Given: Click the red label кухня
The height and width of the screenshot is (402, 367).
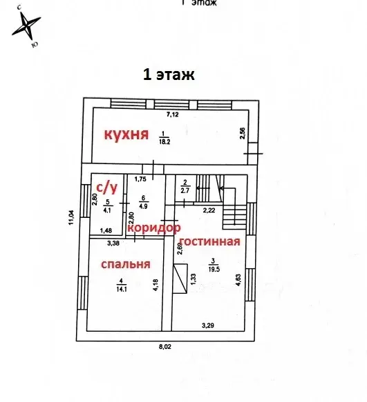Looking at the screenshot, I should point(126,134).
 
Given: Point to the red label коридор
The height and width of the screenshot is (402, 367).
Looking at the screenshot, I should point(153,228).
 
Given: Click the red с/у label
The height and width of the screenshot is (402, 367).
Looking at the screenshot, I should point(106,186).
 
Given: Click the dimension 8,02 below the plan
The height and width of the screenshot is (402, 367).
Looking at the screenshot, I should point(164,347).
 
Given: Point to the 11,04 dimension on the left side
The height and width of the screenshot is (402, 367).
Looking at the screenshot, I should point(72,217).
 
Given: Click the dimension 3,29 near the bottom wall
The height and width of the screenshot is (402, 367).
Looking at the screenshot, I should point(208,324).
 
